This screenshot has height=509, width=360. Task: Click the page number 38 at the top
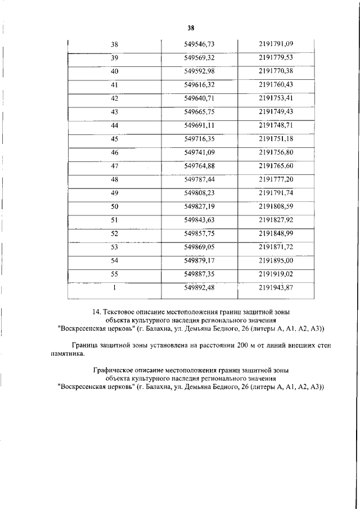[x=191, y=28]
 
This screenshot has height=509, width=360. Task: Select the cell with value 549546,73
[x=200, y=44]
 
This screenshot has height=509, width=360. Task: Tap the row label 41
[x=115, y=85]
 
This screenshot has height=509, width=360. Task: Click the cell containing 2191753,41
[x=276, y=98]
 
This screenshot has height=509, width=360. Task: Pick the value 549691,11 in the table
[x=200, y=125]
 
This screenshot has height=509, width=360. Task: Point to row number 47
[x=115, y=166]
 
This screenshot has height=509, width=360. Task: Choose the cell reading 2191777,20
[x=276, y=179]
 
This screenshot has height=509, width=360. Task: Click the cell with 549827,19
[x=200, y=206]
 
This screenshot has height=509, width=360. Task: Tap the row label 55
[x=115, y=274]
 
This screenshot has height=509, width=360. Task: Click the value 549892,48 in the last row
[x=200, y=288]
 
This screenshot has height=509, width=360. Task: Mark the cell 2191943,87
[x=276, y=288]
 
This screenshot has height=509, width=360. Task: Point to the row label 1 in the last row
[x=115, y=288]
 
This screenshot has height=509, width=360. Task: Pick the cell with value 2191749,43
[x=276, y=112]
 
